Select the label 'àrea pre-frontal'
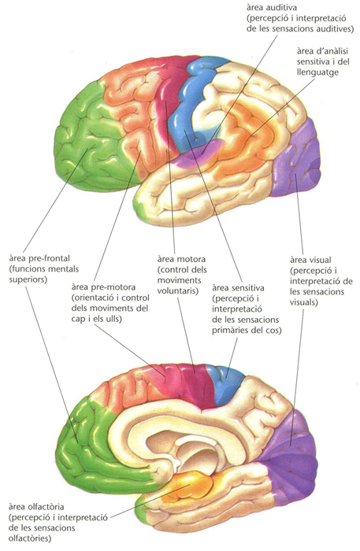pyautogui.click(x=39, y=259)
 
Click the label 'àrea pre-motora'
pyautogui.click(x=103, y=287)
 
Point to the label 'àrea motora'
pyautogui.click(x=181, y=259)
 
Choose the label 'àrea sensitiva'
pyautogui.click(x=238, y=288)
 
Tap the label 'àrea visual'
pyautogui.click(x=310, y=260)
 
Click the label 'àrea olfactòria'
pyautogui.click(x=36, y=507)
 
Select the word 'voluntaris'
pyautogui.click(x=177, y=291)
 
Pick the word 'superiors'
pyautogui.click(x=28, y=280)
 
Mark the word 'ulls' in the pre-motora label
pyautogui.click(x=113, y=320)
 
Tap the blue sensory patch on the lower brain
pyautogui.click(x=225, y=383)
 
